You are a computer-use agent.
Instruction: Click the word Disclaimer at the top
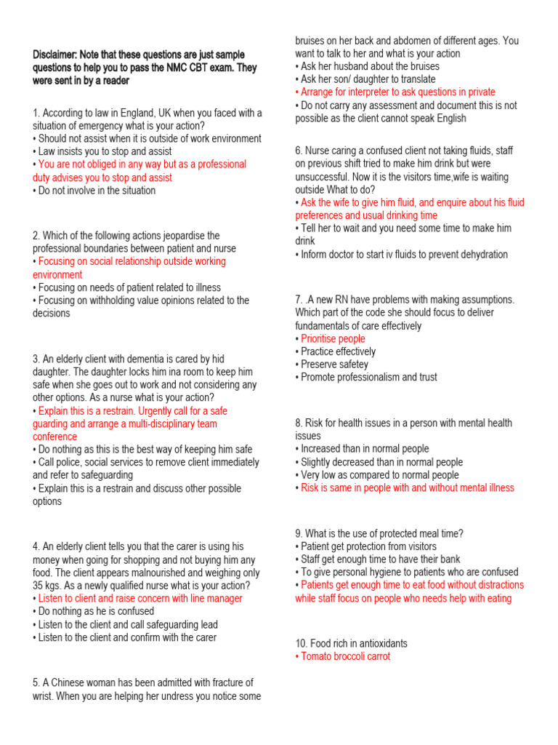pyautogui.click(x=55, y=55)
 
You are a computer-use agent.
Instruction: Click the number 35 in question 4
pyautogui.click(x=39, y=586)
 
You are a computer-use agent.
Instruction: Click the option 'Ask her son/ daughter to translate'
pyautogui.click(x=366, y=79)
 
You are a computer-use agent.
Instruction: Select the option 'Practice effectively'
pyautogui.click(x=336, y=352)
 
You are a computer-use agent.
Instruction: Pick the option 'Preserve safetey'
pyautogui.click(x=333, y=364)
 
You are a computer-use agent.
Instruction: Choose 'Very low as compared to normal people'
pyautogui.click(x=378, y=475)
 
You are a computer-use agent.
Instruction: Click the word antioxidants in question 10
pyautogui.click(x=376, y=644)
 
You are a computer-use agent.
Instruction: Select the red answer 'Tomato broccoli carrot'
pyautogui.click(x=344, y=656)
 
